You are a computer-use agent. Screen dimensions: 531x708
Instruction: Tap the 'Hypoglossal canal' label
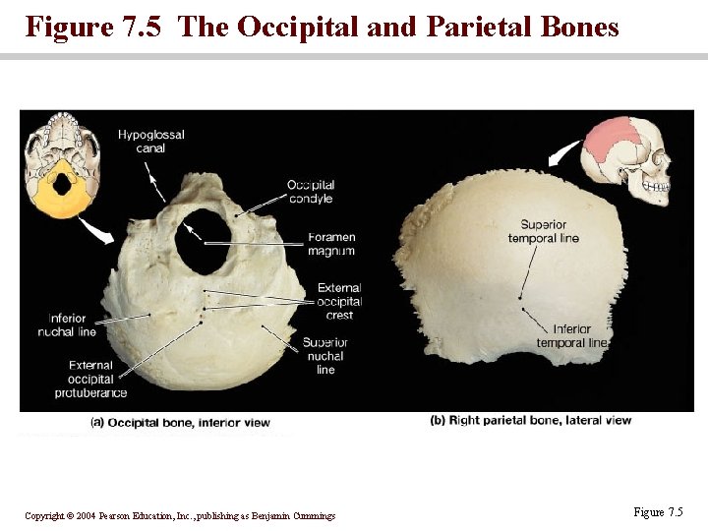coord(151,142)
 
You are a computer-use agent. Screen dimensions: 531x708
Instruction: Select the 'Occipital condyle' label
coord(311,192)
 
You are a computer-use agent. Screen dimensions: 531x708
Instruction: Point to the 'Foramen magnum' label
coord(331,244)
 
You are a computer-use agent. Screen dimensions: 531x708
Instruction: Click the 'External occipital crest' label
coord(339,302)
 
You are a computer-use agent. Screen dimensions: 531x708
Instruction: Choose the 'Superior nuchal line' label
coord(325,355)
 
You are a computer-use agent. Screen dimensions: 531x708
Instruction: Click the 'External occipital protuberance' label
coord(90,379)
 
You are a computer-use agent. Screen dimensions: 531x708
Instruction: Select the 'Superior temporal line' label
coord(544,231)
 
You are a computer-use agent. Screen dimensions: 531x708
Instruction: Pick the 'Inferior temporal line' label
coord(572,335)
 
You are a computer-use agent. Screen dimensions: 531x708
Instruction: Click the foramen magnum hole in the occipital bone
coord(205,240)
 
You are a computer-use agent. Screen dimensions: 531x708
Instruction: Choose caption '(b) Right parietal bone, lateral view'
coord(530,421)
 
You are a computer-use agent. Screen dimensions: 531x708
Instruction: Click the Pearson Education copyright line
coord(180,515)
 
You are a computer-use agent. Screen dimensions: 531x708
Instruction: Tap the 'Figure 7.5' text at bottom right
coord(658,512)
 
